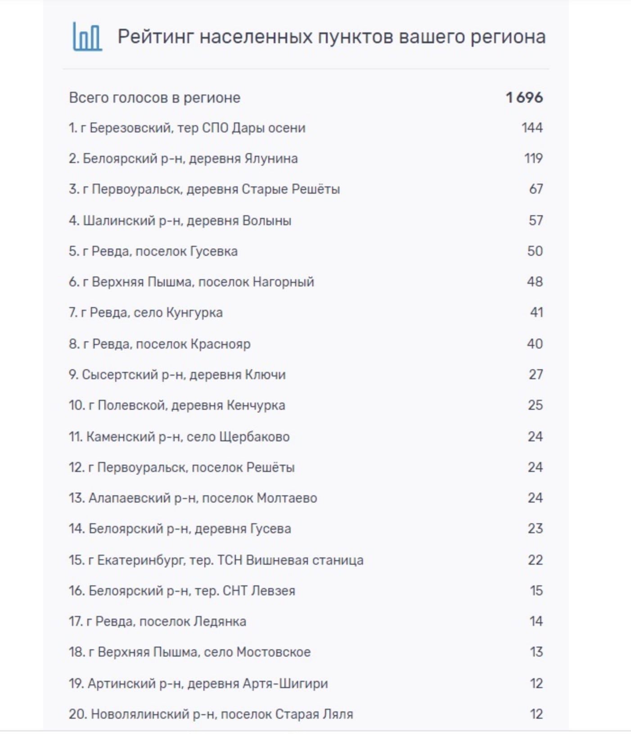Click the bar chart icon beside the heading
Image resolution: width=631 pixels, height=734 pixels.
tap(87, 36)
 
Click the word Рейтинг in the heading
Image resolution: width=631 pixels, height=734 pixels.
tap(155, 36)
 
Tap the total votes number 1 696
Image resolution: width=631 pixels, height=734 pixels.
tap(524, 97)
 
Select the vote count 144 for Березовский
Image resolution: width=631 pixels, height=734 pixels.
tap(532, 128)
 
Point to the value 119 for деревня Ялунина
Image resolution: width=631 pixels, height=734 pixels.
tap(533, 159)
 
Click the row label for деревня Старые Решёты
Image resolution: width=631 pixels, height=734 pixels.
tap(204, 189)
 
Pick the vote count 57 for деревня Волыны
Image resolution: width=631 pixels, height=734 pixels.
tap(536, 220)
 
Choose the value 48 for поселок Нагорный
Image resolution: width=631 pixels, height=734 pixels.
tap(535, 282)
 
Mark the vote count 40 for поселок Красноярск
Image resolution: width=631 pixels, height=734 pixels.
tap(535, 344)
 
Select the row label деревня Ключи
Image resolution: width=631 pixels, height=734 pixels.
tap(177, 375)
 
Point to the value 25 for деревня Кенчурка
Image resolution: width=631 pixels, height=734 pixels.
tap(535, 405)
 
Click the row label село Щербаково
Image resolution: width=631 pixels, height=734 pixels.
tap(179, 437)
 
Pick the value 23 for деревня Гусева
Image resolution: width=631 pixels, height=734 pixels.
tap(535, 529)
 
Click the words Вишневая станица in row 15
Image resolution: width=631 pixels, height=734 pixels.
tap(305, 560)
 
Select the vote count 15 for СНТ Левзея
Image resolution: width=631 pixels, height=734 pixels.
tap(536, 591)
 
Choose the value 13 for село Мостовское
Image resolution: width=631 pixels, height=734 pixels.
tap(536, 652)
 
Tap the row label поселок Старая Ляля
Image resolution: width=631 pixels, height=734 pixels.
tap(211, 714)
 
